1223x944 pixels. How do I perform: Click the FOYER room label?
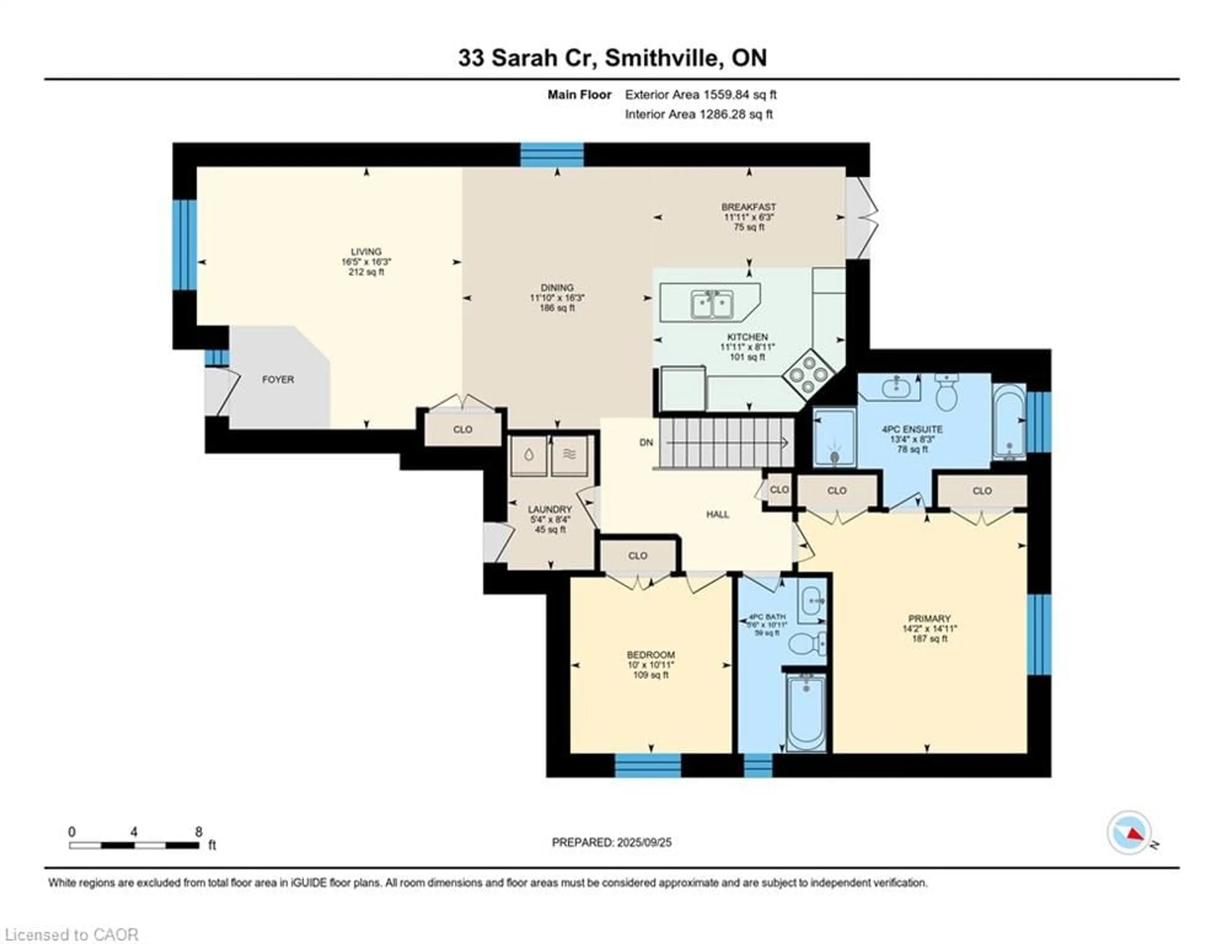(x=278, y=380)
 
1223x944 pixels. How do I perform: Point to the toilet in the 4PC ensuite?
(x=946, y=392)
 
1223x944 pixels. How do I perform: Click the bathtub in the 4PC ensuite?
(x=1009, y=422)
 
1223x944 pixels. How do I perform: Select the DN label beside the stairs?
(x=646, y=442)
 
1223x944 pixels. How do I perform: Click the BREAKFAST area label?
(x=749, y=207)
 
